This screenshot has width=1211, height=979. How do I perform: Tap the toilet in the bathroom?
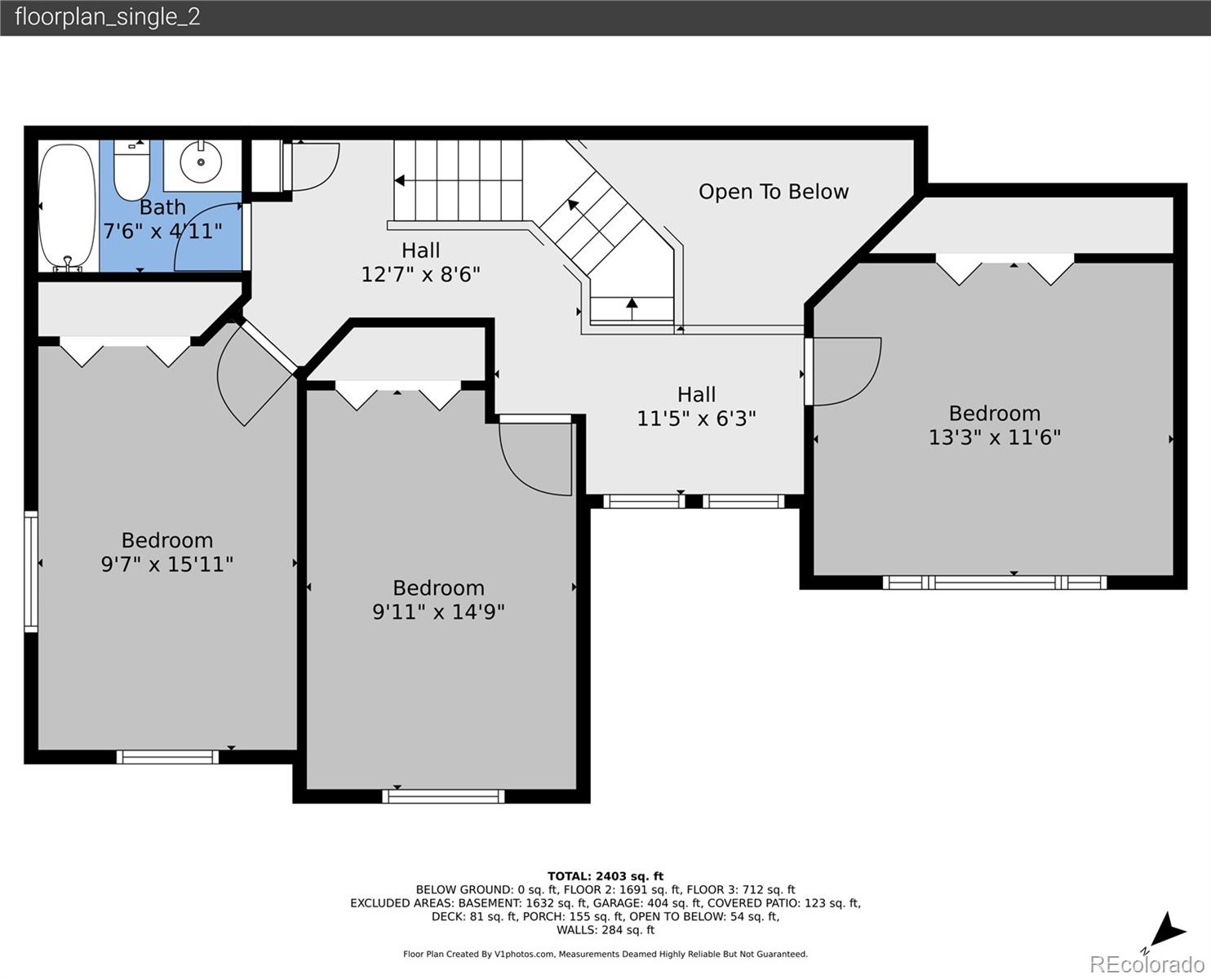click(x=131, y=170)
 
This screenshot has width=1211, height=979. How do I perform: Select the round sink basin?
click(x=201, y=162)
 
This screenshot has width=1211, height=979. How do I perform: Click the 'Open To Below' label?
click(x=774, y=192)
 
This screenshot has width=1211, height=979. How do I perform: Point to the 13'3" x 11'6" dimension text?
click(x=995, y=437)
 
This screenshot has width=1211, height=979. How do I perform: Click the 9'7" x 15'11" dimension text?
click(x=166, y=565)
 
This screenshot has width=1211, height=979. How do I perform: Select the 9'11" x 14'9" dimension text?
click(x=438, y=612)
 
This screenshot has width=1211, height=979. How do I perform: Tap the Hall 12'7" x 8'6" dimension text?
click(x=421, y=275)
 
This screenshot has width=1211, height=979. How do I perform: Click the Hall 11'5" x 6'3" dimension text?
click(x=696, y=419)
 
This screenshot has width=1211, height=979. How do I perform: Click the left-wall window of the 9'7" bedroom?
click(x=31, y=571)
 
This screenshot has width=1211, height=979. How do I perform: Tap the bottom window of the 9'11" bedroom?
click(x=443, y=796)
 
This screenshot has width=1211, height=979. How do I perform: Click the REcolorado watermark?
click(x=1147, y=964)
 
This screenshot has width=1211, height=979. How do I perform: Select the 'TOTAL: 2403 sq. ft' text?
click(x=605, y=876)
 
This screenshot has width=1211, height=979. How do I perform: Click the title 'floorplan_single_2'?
click(x=108, y=17)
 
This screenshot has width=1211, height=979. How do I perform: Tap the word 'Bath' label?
click(x=162, y=207)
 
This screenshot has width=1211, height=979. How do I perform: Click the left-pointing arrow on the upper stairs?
click(x=400, y=180)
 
